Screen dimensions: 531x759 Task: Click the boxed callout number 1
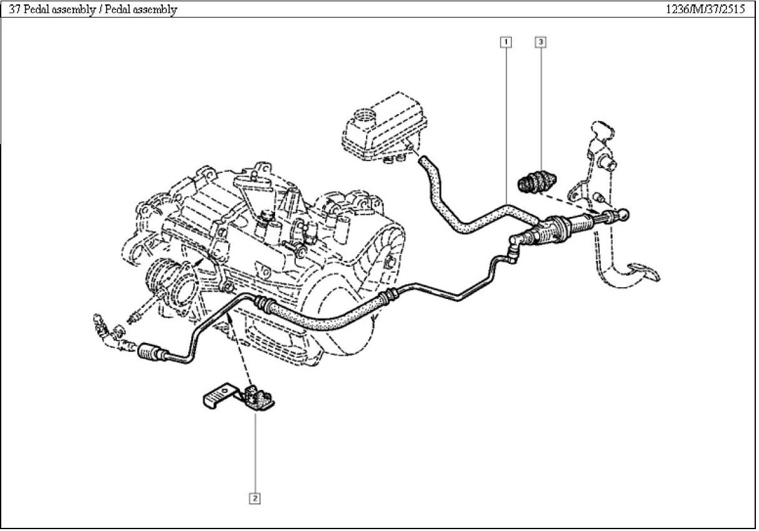point(505,42)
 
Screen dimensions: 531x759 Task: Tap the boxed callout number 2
point(254,498)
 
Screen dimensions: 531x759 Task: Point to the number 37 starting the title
point(14,9)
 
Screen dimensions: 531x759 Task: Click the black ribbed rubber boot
point(536,182)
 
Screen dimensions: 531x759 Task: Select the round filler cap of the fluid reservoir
point(364,117)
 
